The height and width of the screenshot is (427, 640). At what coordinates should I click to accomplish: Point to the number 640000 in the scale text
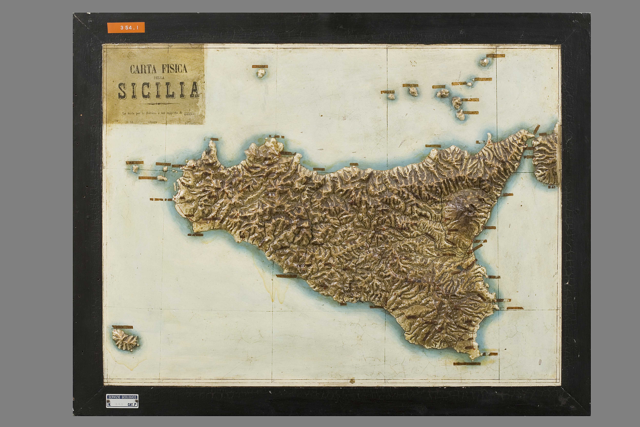point(190,114)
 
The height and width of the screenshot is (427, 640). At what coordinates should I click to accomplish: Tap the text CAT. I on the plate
point(132,405)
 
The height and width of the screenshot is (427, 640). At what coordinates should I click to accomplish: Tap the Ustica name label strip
point(260,66)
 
